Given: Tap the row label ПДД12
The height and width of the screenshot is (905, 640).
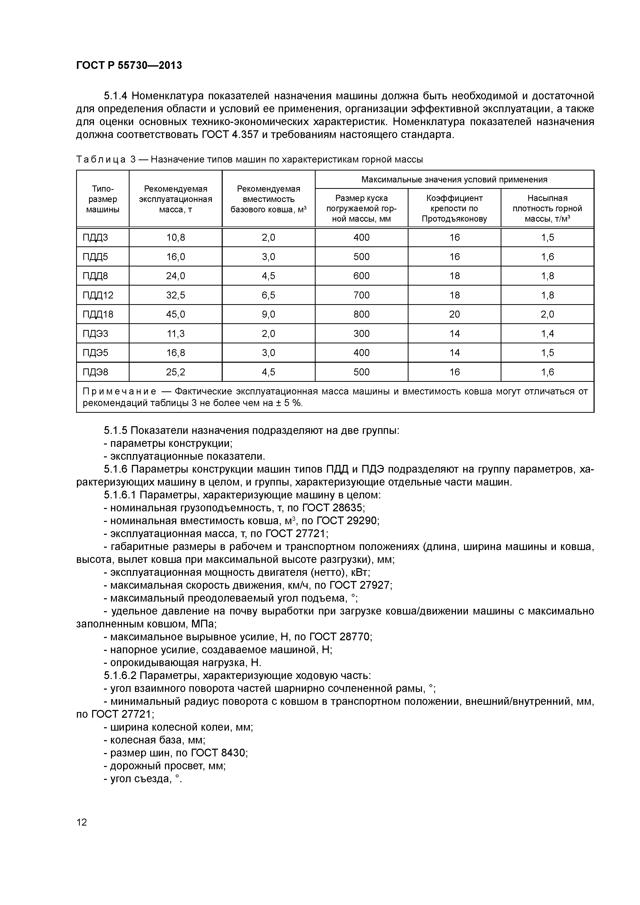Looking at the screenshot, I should [x=98, y=295].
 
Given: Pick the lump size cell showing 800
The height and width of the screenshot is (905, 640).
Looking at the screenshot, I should [x=361, y=314].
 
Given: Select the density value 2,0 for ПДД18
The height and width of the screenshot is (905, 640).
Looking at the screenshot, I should [x=547, y=314].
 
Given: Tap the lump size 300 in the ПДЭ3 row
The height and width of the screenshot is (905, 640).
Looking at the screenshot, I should [x=361, y=334].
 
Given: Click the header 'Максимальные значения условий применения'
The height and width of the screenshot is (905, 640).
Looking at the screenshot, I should [x=454, y=180].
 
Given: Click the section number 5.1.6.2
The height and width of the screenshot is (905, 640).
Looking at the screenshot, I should [x=120, y=676].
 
